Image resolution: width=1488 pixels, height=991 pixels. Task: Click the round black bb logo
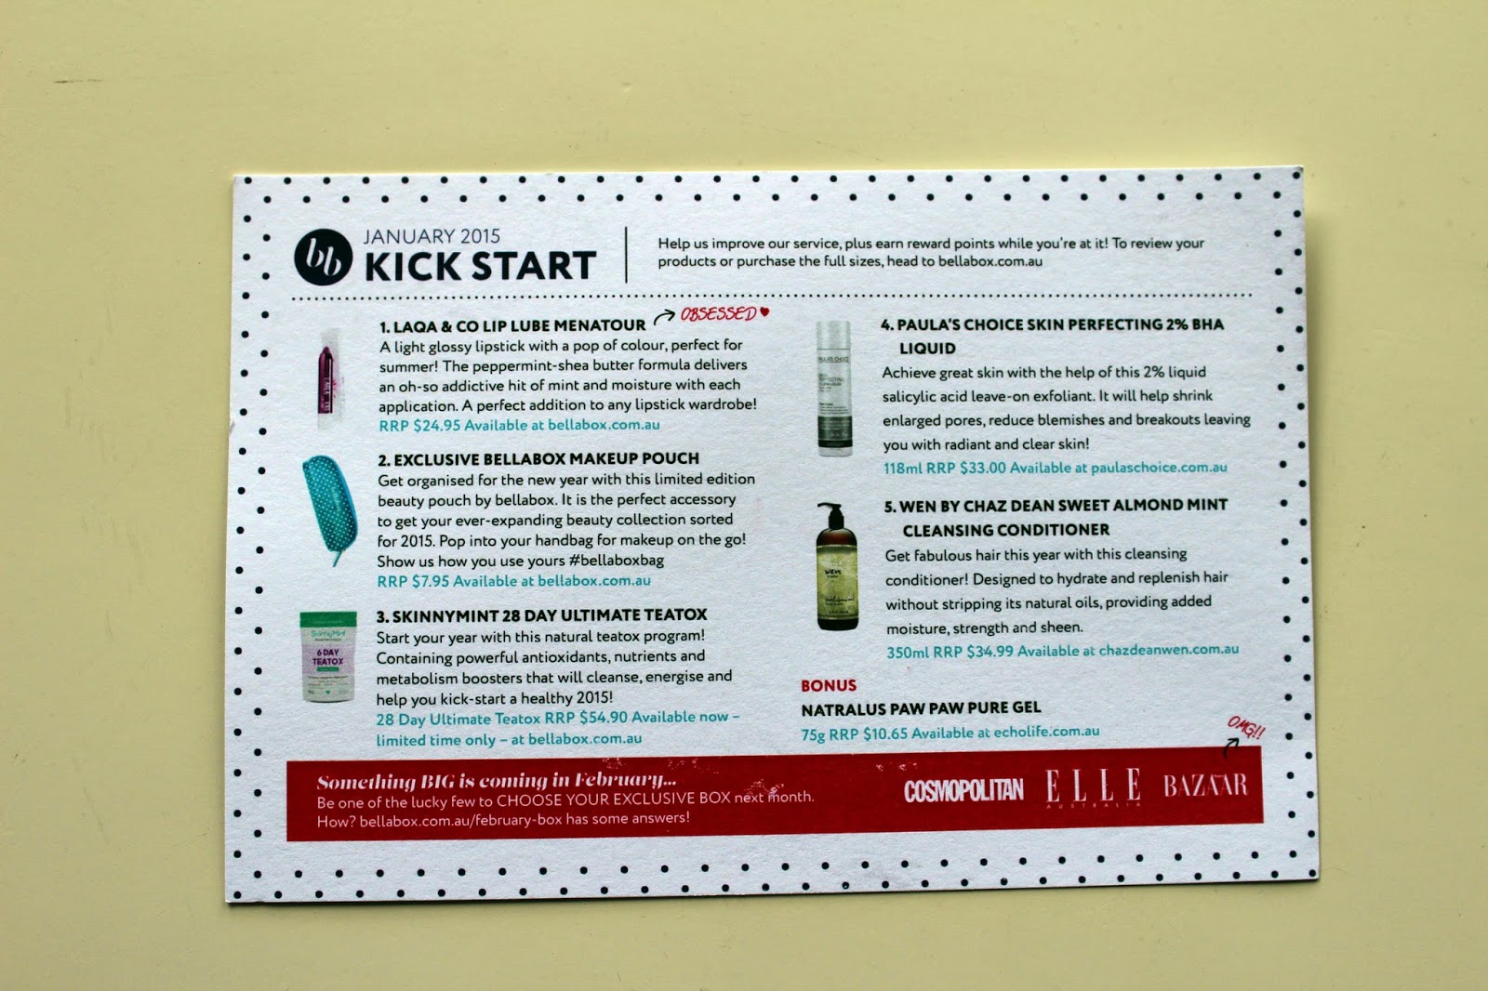(x=324, y=258)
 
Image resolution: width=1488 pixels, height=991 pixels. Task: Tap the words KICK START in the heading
(x=480, y=267)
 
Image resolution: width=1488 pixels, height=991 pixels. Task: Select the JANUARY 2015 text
(x=432, y=236)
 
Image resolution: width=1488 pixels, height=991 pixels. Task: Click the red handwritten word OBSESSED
(x=718, y=313)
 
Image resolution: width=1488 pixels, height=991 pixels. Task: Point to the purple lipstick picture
(x=326, y=379)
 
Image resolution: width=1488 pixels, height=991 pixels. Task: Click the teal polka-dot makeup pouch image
(x=330, y=509)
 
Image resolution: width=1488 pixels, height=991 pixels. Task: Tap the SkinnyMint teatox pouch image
(x=328, y=656)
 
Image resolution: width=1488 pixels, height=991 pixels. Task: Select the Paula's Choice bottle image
(x=833, y=389)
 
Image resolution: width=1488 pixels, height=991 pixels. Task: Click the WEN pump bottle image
(x=837, y=566)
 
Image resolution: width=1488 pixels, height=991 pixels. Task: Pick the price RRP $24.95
(x=419, y=425)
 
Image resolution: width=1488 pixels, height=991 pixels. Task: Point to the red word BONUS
(x=829, y=685)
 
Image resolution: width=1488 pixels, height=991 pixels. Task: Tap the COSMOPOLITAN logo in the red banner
(x=963, y=791)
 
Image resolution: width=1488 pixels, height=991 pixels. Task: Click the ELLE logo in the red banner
(x=1093, y=786)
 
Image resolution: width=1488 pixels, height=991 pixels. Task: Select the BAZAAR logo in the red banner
(x=1205, y=786)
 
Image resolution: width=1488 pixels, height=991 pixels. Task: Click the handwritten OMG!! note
(x=1245, y=729)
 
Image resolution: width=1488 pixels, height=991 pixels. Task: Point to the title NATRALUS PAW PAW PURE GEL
(x=921, y=708)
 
